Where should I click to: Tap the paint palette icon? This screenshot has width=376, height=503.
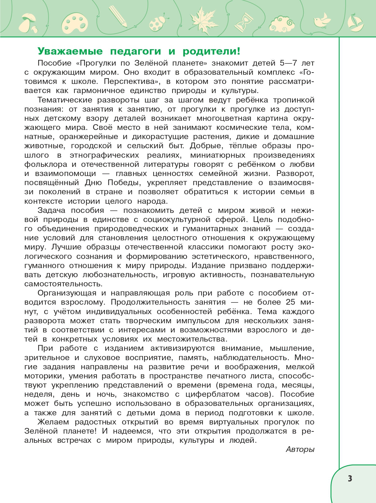pyautogui.click(x=74, y=23)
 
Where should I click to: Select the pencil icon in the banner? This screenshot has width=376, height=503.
pyautogui.click(x=118, y=16)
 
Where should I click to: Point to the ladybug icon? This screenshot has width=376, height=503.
pyautogui.click(x=157, y=23)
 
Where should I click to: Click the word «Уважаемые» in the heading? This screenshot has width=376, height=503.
pyautogui.click(x=70, y=51)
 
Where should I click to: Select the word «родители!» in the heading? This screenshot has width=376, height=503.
pyautogui.click(x=211, y=51)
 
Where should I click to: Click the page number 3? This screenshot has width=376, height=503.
pyautogui.click(x=350, y=478)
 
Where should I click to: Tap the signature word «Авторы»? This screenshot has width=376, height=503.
pyautogui.click(x=300, y=449)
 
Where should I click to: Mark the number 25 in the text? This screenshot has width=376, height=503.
pyautogui.click(x=291, y=302)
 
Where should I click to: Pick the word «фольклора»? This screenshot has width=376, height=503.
pyautogui.click(x=46, y=164)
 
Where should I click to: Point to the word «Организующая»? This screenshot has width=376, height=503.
pyautogui.click(x=67, y=293)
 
